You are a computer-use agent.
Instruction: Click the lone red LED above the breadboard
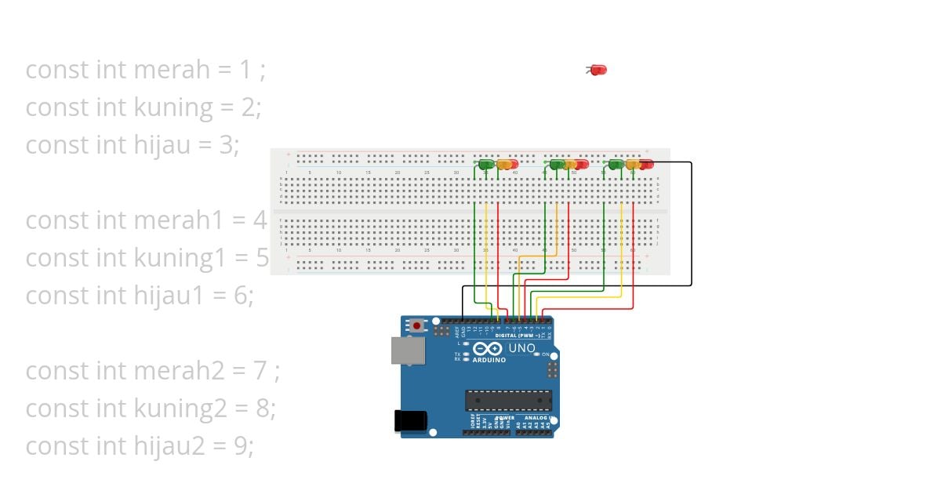click(x=598, y=70)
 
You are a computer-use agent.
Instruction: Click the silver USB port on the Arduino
click(x=408, y=351)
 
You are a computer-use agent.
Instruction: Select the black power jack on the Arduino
click(x=410, y=421)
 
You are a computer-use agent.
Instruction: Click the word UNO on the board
click(x=521, y=348)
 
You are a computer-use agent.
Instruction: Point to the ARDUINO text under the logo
click(x=489, y=360)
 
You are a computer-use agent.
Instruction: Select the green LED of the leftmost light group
click(x=486, y=165)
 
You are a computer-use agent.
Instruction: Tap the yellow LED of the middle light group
click(x=570, y=165)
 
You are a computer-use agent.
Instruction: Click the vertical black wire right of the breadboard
click(x=692, y=223)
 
